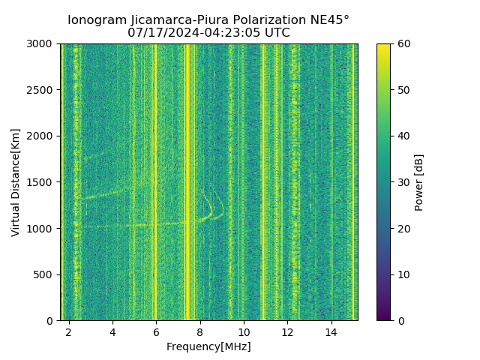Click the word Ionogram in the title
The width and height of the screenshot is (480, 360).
click(95, 20)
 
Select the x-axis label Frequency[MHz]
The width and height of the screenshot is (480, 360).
click(208, 346)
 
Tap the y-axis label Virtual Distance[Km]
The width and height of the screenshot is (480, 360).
click(16, 182)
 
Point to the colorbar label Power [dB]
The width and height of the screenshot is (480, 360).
click(419, 182)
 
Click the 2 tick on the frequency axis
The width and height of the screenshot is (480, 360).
click(69, 331)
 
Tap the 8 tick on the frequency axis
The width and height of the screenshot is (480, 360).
click(200, 331)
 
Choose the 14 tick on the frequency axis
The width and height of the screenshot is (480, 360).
click(331, 331)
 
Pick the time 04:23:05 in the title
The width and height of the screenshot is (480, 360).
click(232, 33)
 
